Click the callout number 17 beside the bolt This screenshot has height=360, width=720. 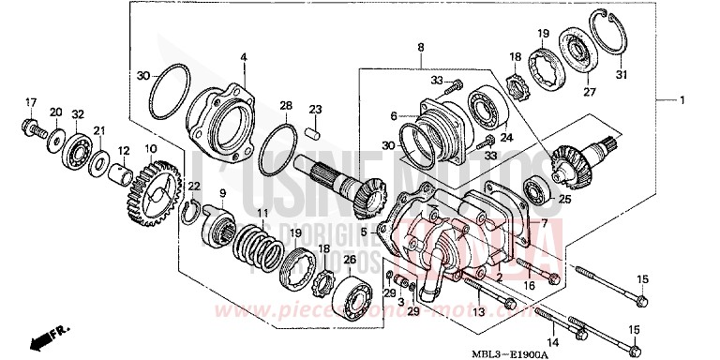tap(30, 102)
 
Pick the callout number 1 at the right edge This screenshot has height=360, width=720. tap(684, 100)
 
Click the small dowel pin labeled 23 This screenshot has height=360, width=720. tap(317, 125)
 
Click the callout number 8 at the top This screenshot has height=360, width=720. tap(421, 47)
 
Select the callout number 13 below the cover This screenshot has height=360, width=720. tap(476, 312)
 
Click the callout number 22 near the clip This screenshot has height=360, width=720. tap(193, 187)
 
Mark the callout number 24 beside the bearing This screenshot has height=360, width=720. tap(507, 137)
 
